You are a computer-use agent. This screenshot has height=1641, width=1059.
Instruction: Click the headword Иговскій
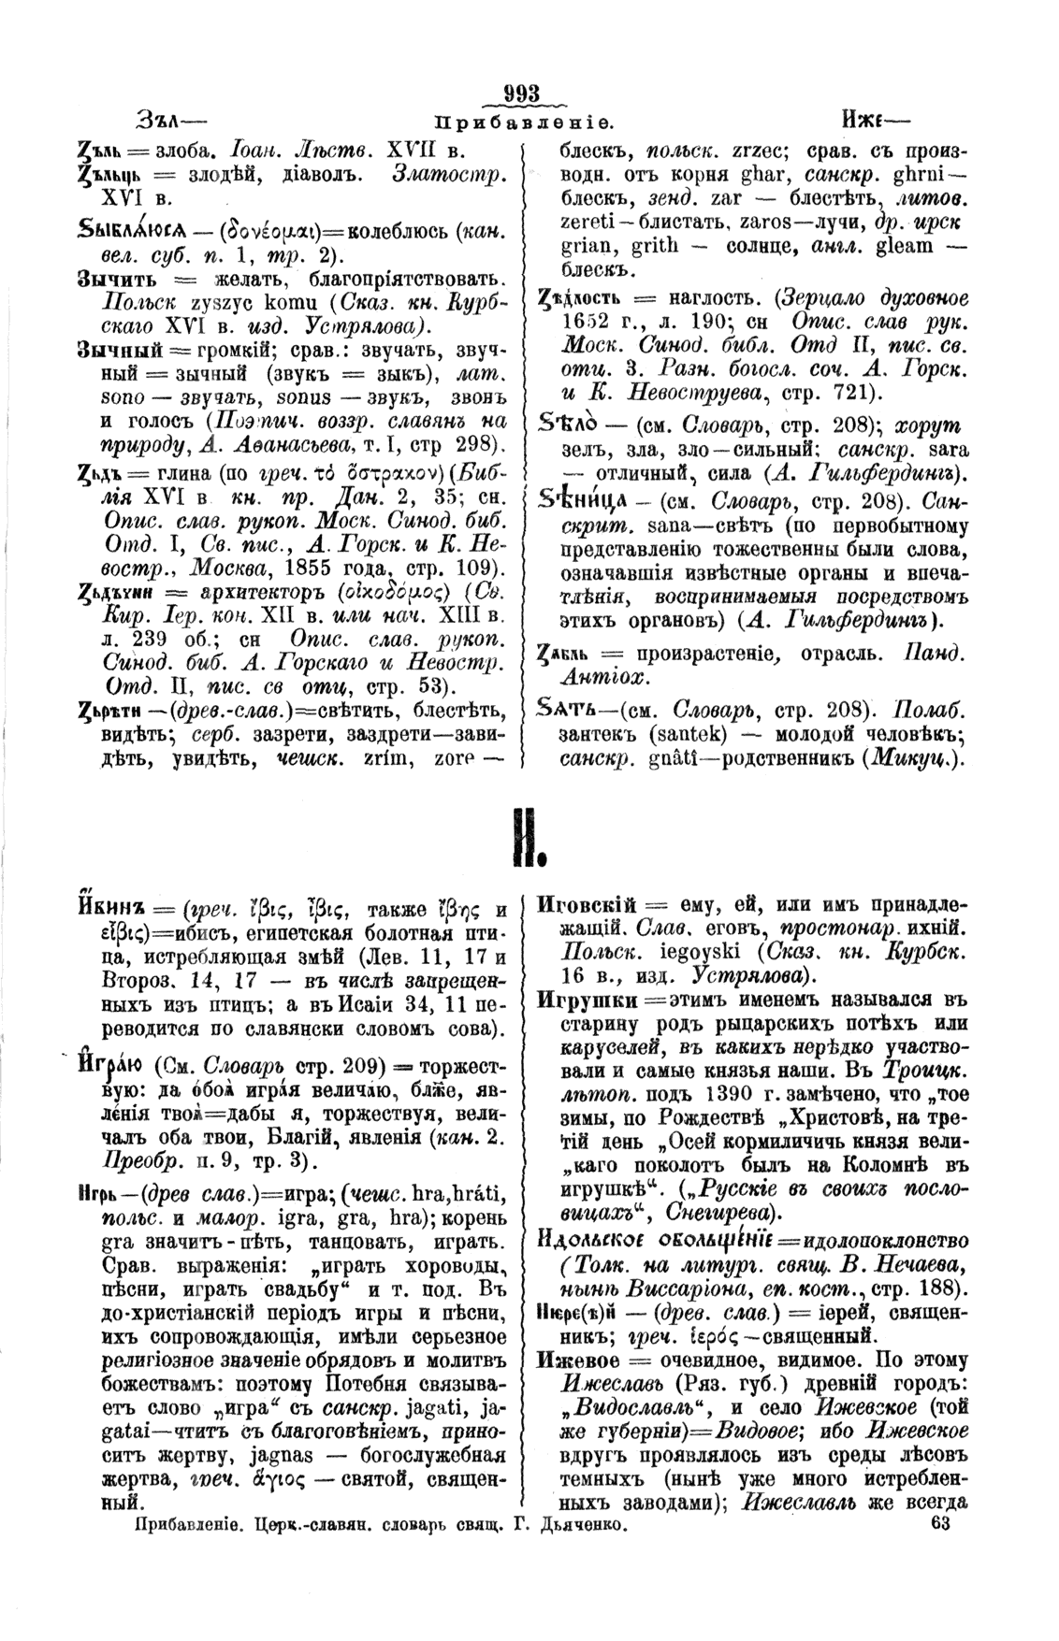(x=588, y=905)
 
